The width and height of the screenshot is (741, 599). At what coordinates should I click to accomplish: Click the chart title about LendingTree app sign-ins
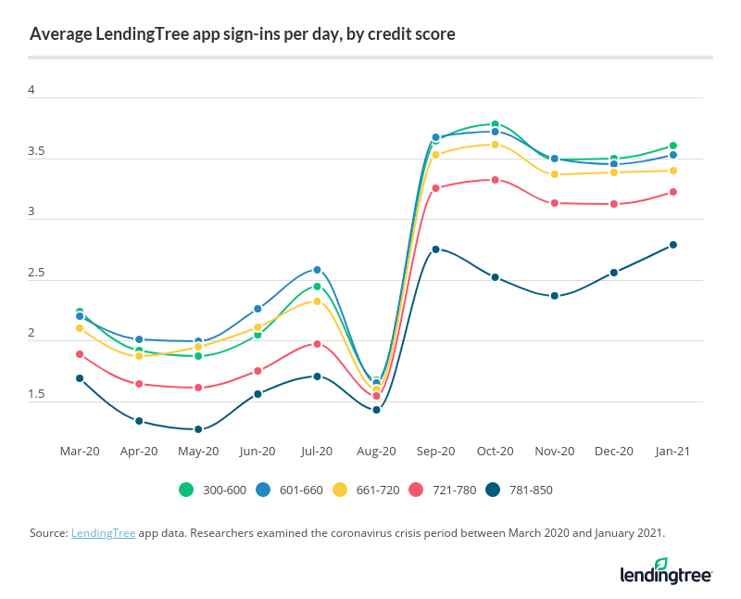[x=242, y=35]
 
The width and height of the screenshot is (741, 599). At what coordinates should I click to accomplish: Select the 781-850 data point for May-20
[x=198, y=429]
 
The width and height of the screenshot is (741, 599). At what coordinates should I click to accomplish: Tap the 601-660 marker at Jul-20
[x=317, y=270]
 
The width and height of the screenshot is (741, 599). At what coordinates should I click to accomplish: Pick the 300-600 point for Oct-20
[x=496, y=124]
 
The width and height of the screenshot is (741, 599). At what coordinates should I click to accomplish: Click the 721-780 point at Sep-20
[x=435, y=188]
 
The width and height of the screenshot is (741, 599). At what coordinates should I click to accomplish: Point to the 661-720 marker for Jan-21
[x=673, y=171]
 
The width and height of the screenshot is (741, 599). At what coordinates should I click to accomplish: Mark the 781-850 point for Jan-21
[x=673, y=245]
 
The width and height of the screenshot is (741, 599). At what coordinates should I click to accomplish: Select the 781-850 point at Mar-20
[x=80, y=378]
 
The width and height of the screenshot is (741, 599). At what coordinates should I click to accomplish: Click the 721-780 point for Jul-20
[x=317, y=344]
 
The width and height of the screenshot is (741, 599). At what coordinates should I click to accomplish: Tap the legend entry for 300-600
[x=212, y=490]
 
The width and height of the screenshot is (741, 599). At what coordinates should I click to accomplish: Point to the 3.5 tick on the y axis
[x=37, y=152]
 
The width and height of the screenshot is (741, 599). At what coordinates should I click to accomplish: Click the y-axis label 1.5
[x=37, y=395]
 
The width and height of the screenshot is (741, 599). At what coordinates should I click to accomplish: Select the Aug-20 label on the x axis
[x=376, y=452]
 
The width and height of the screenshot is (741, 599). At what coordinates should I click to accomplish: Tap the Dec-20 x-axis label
[x=614, y=452]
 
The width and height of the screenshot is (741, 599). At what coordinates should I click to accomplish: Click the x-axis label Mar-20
[x=80, y=452]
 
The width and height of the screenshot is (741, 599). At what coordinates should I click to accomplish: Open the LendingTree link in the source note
[x=103, y=533]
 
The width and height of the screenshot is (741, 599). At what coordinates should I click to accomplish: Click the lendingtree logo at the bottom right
[x=665, y=571]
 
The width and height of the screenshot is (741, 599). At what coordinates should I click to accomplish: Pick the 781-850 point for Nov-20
[x=555, y=296]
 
